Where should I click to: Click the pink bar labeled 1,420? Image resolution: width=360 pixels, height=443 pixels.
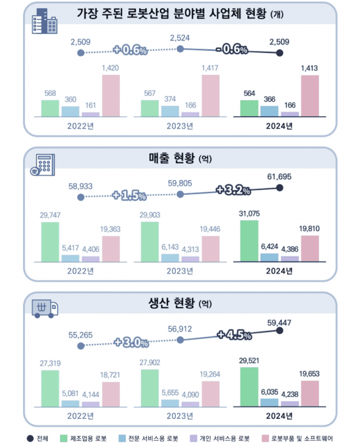click(110, 95)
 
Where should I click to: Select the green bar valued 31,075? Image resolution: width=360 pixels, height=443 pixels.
click(249, 241)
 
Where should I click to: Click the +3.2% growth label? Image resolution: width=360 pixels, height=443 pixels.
click(232, 190)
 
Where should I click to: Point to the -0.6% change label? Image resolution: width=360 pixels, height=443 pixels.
click(231, 50)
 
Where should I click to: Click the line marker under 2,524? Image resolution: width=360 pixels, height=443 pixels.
click(180, 49)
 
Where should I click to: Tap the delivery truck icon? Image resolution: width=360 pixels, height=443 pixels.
click(46, 308)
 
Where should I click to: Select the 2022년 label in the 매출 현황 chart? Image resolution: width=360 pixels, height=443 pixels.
click(79, 271)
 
